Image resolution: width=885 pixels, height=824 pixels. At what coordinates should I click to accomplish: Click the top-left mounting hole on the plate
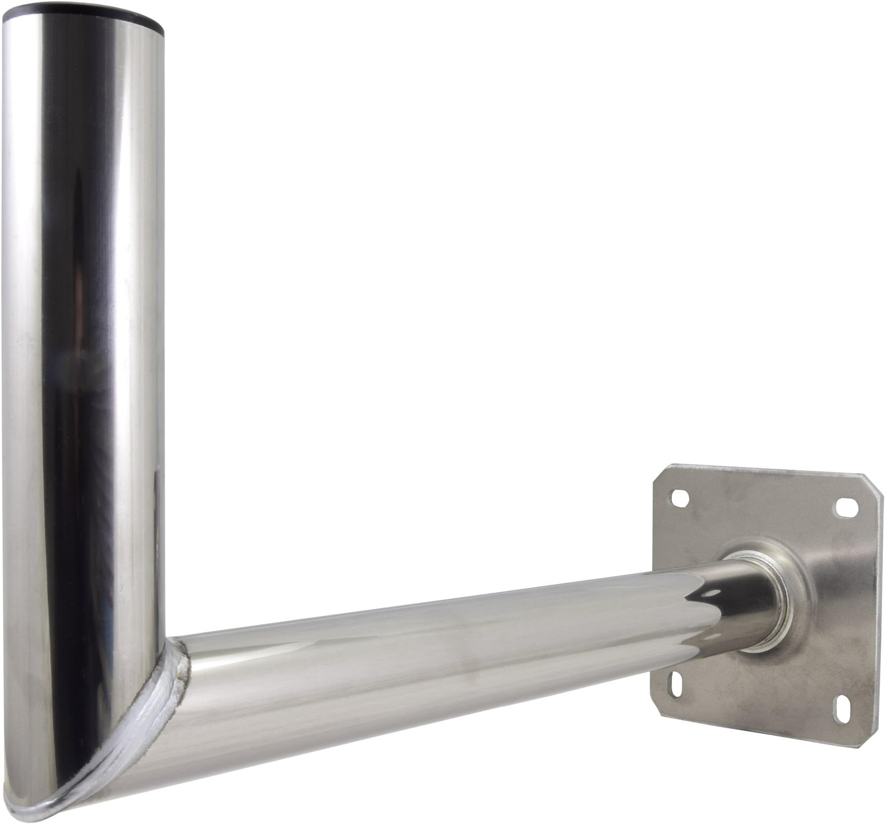(x=682, y=500)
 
